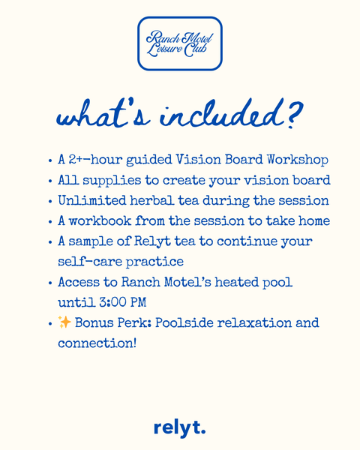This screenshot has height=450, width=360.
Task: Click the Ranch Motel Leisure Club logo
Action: (x=180, y=43)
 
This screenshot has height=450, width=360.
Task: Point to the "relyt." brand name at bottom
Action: (x=179, y=428)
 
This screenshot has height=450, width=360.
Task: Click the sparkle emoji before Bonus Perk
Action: (x=64, y=323)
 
